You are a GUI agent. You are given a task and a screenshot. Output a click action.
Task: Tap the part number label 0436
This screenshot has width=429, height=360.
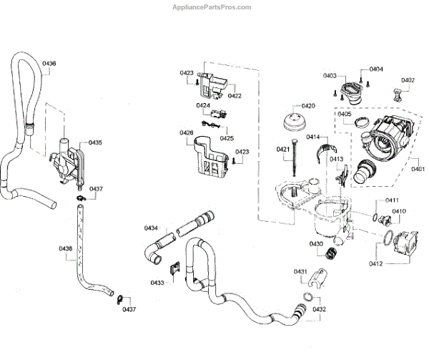pos(49,64)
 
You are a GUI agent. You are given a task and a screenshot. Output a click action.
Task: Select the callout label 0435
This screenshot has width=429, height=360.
pos(95,142)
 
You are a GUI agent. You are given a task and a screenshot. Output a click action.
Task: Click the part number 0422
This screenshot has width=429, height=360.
pos(235,95)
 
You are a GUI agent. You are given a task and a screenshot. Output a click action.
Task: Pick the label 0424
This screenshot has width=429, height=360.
pos(204,106)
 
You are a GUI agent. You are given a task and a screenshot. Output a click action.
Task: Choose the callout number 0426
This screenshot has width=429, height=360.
pos(186,132)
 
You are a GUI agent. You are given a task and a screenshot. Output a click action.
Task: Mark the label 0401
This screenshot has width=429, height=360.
pos(416,170)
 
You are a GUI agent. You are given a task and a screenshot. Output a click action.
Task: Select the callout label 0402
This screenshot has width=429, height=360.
pos(408,80)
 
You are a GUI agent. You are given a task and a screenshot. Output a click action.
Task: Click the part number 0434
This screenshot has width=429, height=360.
pos(151,228)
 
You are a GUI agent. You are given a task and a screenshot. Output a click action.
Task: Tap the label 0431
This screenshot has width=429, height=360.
pos(300,272)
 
